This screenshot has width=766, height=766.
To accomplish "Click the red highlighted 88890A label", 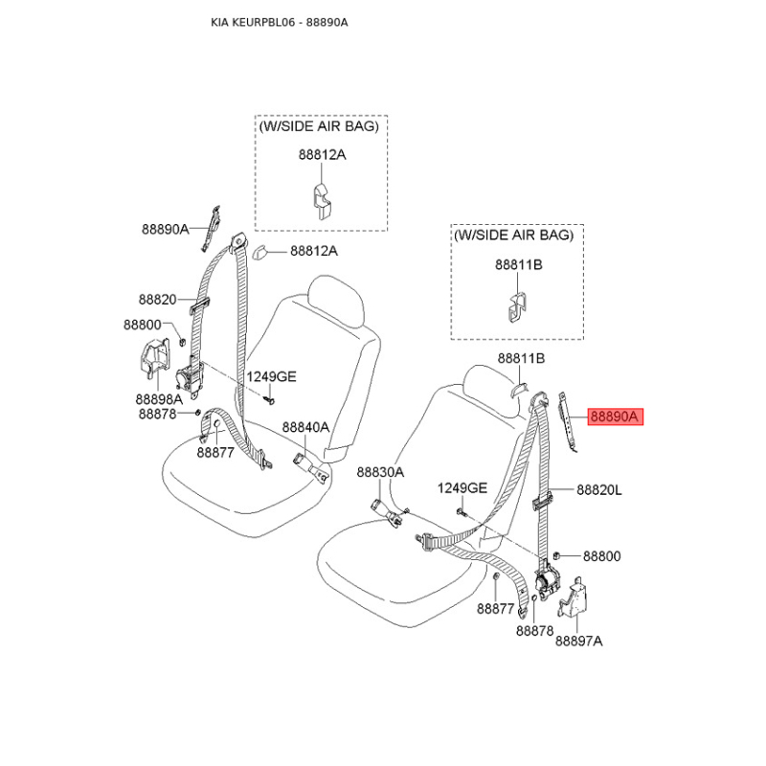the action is click(x=615, y=417).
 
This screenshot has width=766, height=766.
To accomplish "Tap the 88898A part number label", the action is click(x=159, y=399).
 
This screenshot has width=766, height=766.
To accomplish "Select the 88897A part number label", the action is click(x=579, y=641).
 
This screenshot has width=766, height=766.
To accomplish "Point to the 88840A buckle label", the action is click(x=305, y=427).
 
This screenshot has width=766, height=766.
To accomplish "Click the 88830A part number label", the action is click(x=380, y=472).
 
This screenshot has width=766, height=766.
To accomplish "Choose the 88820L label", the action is click(x=599, y=489).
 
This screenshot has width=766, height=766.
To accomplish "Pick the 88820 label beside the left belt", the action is click(x=157, y=299).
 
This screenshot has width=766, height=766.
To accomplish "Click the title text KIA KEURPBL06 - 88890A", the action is click(x=280, y=22).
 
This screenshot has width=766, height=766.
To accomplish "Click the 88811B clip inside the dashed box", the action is click(x=517, y=307).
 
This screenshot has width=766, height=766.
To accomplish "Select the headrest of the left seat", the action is click(x=337, y=301).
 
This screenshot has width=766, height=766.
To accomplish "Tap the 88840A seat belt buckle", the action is click(x=310, y=467).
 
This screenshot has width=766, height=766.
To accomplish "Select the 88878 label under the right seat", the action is click(x=535, y=631).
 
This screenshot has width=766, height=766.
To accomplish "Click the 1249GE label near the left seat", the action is click(x=271, y=376).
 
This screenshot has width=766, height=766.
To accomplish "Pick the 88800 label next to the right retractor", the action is click(x=602, y=556).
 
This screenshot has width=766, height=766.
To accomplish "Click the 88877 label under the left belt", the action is click(x=215, y=452).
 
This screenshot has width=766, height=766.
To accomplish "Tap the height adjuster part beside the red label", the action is click(x=568, y=421).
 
